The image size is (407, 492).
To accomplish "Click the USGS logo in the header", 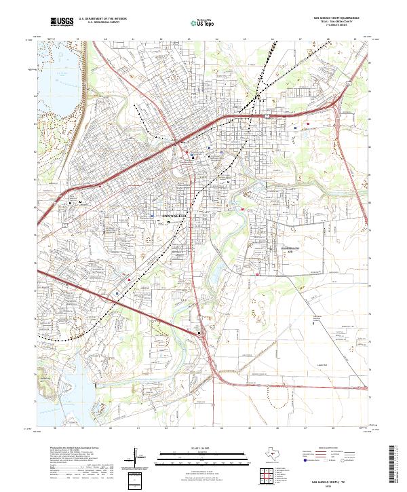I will tap(62, 22).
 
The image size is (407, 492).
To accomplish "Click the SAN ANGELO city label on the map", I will tap(174, 215).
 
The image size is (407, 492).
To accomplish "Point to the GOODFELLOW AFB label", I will tap(290, 249).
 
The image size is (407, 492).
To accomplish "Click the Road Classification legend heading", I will tap(325, 449).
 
